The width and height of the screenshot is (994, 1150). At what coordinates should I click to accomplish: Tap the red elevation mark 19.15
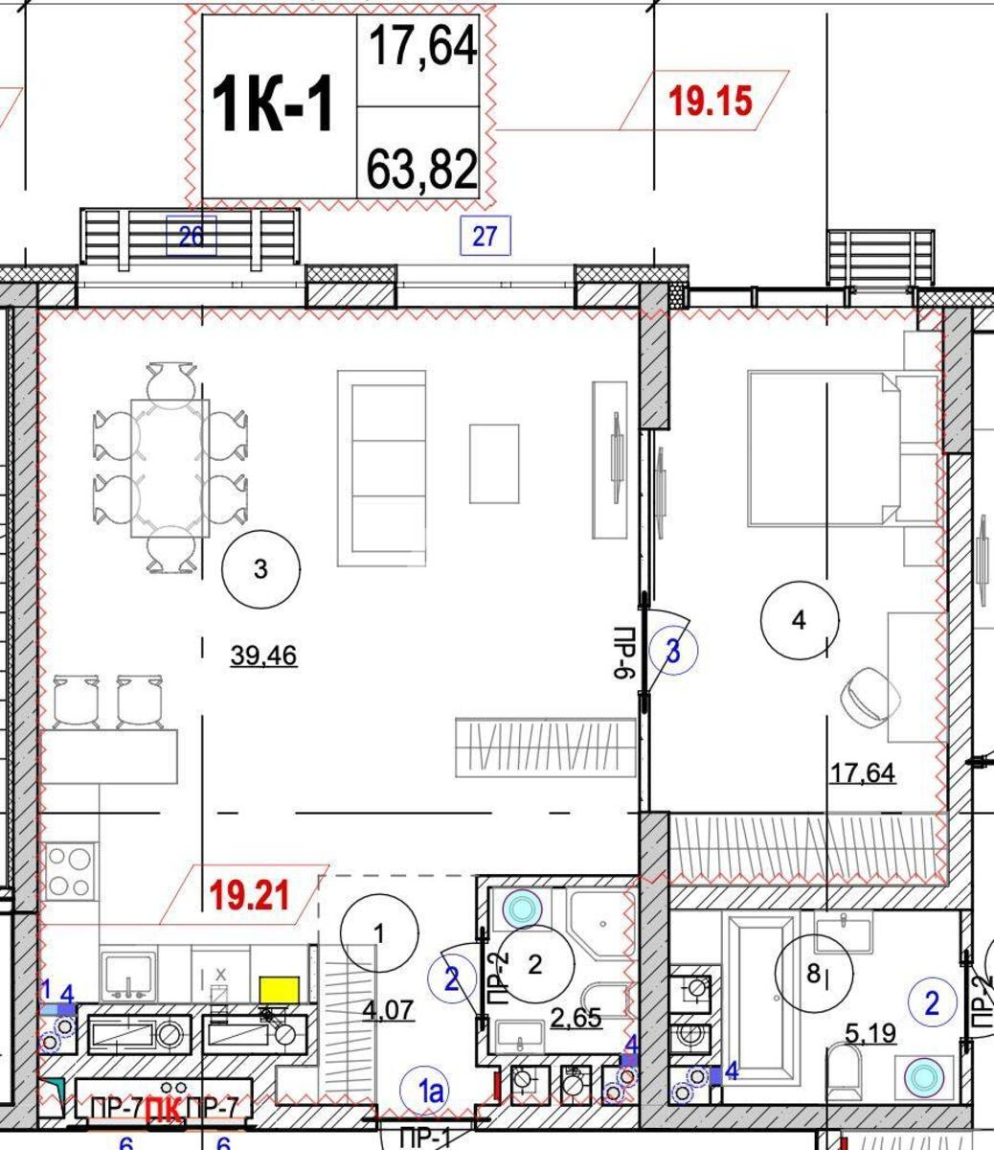710,100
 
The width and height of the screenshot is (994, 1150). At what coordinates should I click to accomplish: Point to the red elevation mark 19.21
248,896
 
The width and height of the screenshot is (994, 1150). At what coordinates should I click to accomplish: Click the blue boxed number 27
486,235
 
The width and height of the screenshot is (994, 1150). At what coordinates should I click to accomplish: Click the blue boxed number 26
192,235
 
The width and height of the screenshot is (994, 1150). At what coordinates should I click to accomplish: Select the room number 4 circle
800,620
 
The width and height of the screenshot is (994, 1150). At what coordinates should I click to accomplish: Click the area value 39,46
263,656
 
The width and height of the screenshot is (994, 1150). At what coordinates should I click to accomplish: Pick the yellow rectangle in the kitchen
281,989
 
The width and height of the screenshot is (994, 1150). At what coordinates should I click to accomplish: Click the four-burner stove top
70,871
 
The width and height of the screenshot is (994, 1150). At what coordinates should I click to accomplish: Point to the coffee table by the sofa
494,464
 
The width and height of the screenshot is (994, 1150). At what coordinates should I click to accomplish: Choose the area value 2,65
576,1017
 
